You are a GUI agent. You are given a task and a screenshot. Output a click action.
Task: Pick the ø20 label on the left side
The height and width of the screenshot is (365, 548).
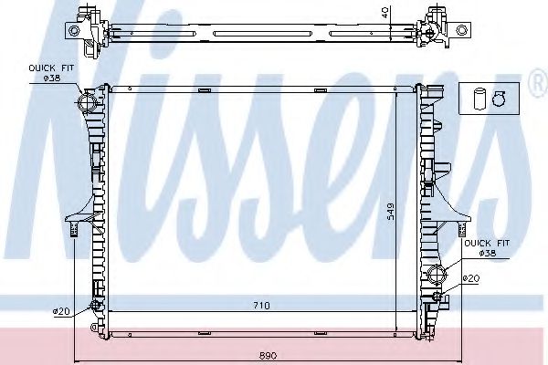click(61, 312)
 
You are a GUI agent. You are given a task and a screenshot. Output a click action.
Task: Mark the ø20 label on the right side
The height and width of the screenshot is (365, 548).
click(470, 278)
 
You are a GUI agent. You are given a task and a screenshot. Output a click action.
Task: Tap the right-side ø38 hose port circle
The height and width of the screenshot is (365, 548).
click(437, 273)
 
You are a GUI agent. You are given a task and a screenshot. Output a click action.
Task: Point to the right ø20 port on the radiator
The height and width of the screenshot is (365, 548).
click(438, 294)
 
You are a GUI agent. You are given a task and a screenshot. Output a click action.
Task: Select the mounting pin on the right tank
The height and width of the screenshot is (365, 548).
click(461, 225)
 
